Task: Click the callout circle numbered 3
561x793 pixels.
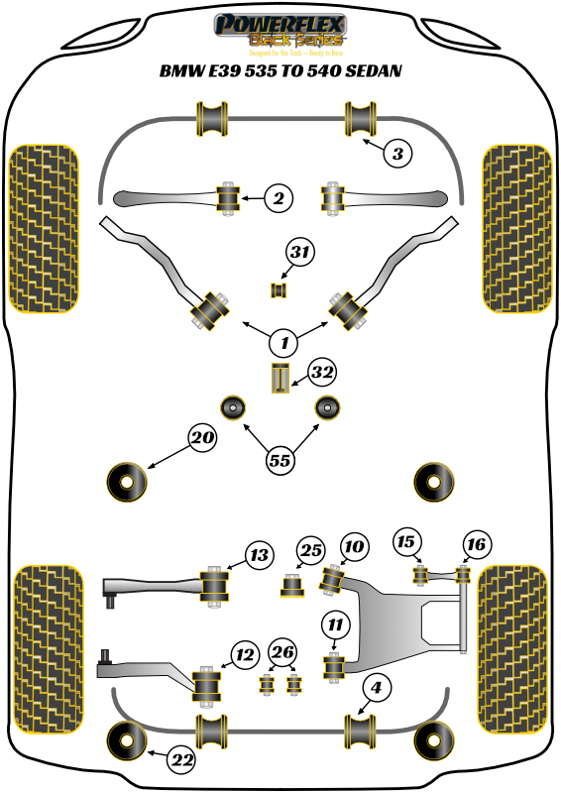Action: [396, 154]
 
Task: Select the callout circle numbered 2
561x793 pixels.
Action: [279, 199]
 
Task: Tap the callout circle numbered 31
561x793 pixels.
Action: [300, 255]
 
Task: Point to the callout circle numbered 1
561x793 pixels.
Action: [283, 343]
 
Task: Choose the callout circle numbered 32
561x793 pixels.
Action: [321, 373]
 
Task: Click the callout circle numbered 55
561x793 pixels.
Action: [280, 459]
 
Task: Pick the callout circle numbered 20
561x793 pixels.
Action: [202, 438]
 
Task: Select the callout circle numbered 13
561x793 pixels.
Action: [259, 556]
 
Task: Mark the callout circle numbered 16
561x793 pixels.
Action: [476, 543]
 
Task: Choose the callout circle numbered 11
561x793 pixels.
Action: [335, 623]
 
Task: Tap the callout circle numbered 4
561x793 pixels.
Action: [376, 686]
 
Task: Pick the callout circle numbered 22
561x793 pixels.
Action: [180, 760]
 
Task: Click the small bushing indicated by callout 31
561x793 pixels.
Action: [279, 289]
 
